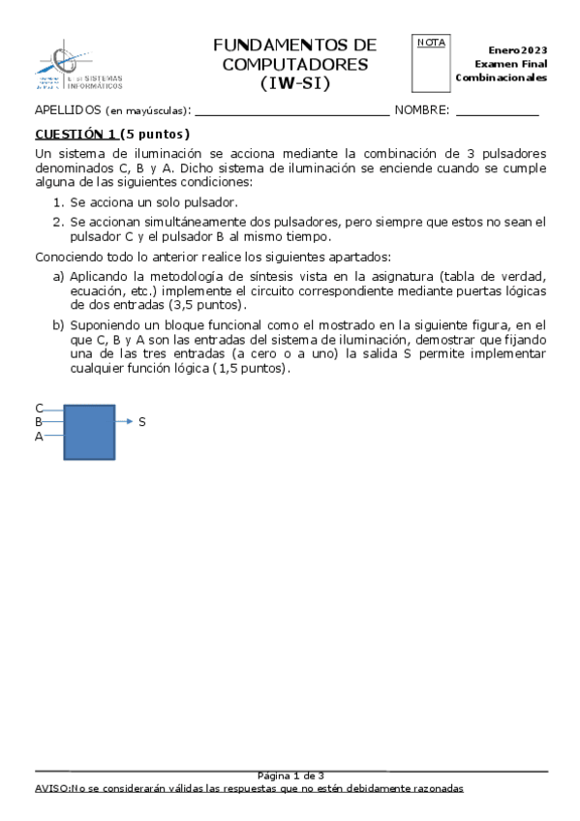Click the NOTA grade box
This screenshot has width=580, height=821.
click(431, 65)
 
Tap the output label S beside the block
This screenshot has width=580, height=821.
click(142, 422)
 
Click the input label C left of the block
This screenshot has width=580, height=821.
click(39, 409)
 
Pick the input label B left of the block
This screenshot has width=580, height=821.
click(39, 422)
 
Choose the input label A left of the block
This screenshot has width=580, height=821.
click(39, 437)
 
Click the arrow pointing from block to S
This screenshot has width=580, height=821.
click(124, 422)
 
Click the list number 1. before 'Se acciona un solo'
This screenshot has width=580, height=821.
click(58, 202)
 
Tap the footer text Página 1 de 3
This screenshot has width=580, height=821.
click(290, 775)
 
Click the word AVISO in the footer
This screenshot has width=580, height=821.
click(51, 789)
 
